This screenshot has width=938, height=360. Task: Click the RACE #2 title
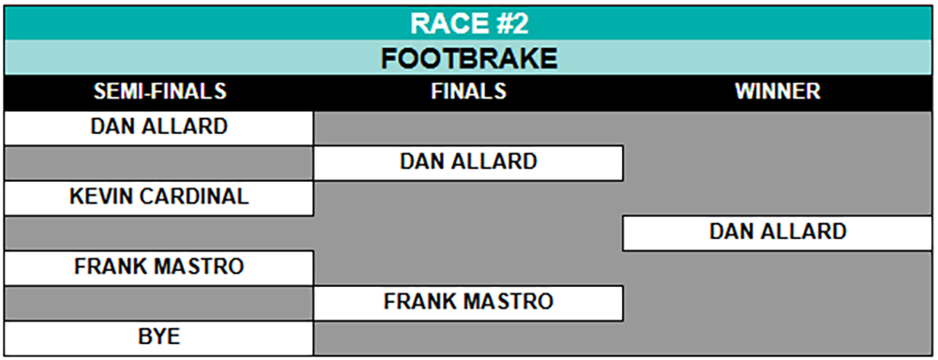(469, 23)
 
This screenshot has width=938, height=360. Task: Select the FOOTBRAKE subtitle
(469, 58)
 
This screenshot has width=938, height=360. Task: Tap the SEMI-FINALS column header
(159, 91)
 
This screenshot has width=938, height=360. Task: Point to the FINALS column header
(469, 91)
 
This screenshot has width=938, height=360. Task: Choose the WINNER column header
(778, 91)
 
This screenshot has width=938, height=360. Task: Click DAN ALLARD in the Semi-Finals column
(159, 127)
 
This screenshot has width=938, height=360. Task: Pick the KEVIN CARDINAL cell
(159, 197)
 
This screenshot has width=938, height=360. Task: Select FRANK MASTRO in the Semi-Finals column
(159, 266)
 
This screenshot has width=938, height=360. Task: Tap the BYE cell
(159, 337)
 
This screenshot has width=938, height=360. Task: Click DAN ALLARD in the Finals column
(468, 161)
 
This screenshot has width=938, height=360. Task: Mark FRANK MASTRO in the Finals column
(468, 301)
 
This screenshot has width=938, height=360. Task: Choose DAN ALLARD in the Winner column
(778, 232)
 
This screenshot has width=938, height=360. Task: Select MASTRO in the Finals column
(511, 301)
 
